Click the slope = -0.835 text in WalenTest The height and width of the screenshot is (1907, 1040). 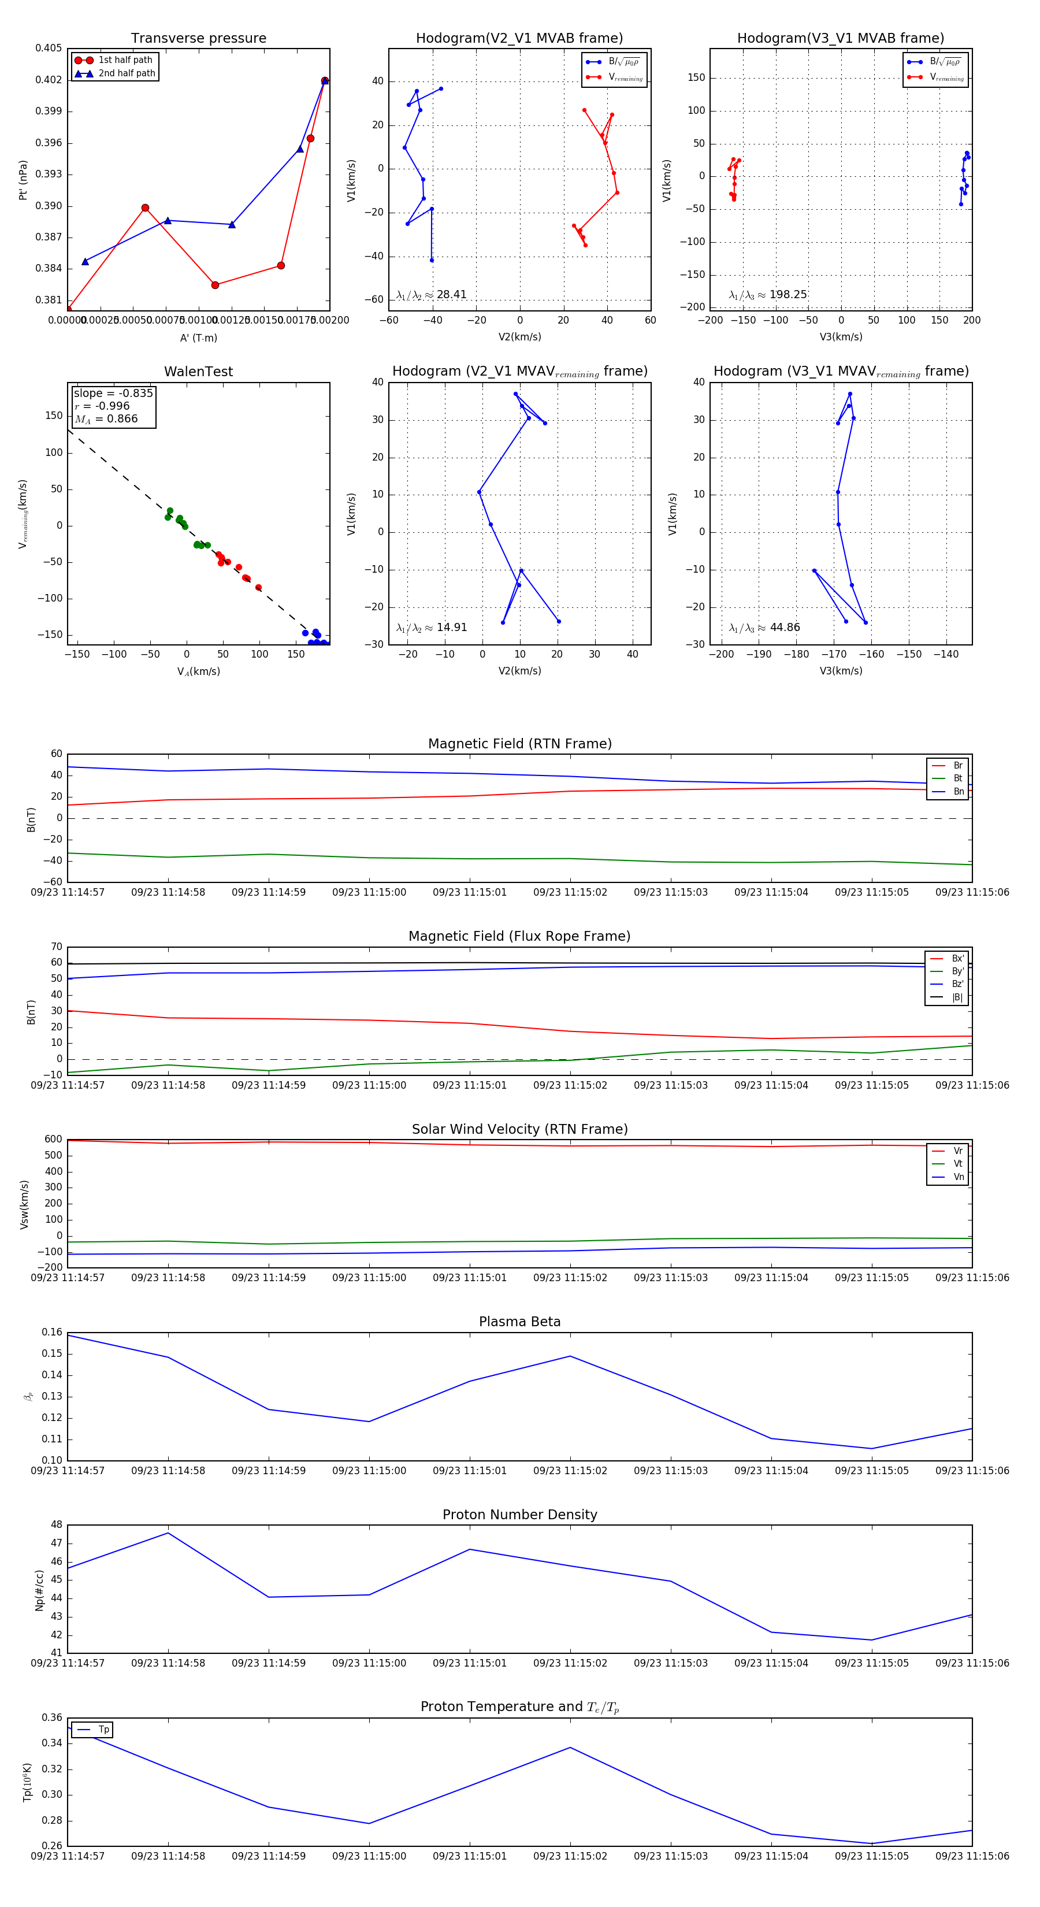113,393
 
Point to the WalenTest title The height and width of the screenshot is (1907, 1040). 198,372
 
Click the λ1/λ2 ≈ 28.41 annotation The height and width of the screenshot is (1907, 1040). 432,295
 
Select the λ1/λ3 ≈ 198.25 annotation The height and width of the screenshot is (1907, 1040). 768,295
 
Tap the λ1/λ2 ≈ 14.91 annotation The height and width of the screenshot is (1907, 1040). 432,628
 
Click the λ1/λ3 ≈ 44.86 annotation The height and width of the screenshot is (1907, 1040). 764,628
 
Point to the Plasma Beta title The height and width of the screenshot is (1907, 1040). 519,1322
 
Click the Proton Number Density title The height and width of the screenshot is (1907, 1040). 519,1515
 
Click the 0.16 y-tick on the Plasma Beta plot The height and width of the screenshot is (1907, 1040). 52,1333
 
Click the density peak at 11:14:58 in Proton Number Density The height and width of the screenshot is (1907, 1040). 168,1533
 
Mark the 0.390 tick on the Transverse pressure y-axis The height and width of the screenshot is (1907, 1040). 49,206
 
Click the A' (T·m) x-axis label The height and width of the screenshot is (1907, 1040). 198,337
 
